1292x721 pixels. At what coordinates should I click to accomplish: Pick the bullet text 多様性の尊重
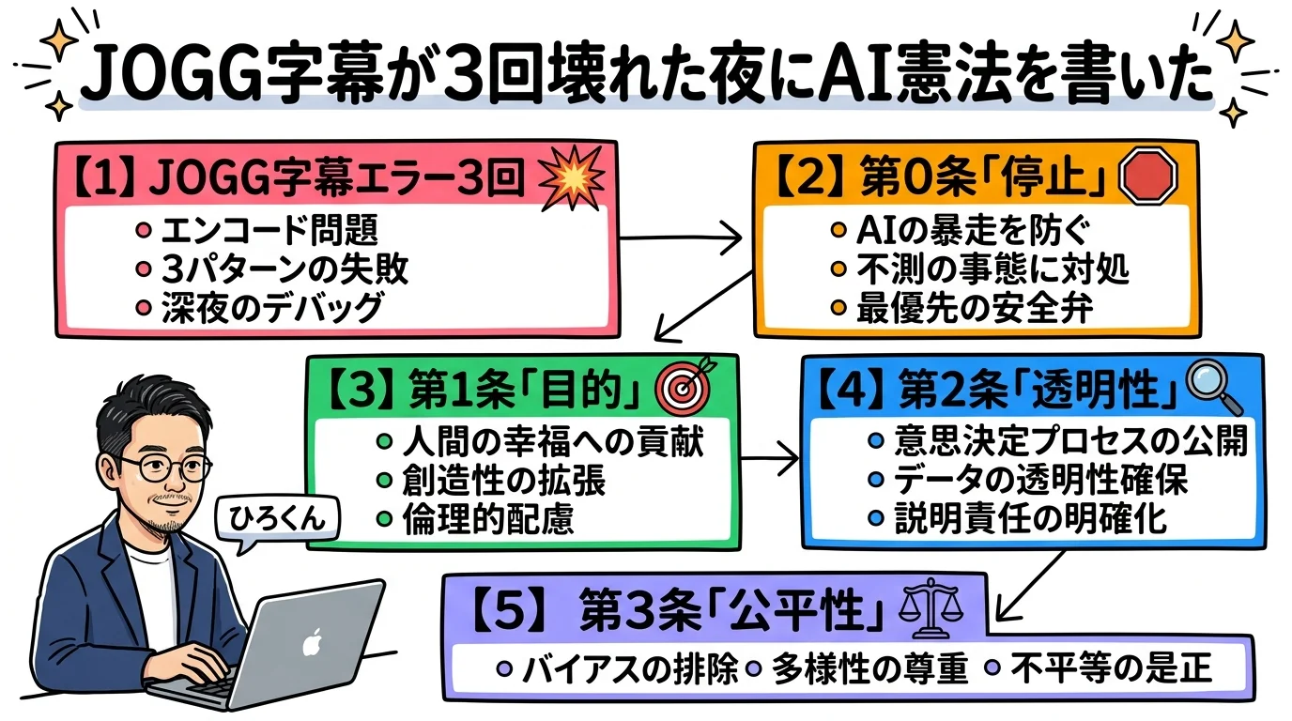869,669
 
